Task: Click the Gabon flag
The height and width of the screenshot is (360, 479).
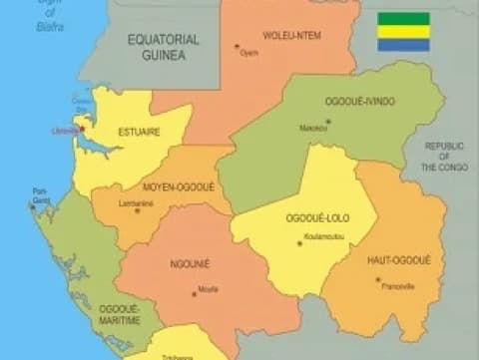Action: [x=403, y=32]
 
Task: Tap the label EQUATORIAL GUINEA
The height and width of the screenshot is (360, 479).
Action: [x=164, y=48]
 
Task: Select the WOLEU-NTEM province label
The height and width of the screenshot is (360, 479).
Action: [x=290, y=36]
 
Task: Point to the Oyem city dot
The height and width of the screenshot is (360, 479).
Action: [x=237, y=46]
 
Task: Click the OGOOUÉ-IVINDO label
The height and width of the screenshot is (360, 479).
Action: [x=359, y=102]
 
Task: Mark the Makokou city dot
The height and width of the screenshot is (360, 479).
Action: [x=327, y=122]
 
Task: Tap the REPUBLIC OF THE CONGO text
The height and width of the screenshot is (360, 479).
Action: [x=444, y=157]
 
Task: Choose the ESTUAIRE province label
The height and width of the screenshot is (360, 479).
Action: [x=141, y=131]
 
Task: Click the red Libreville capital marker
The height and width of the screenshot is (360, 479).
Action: [x=83, y=127]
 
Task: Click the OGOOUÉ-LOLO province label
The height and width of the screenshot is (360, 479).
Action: [x=313, y=218]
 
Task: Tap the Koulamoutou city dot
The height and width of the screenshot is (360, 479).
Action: [x=298, y=242]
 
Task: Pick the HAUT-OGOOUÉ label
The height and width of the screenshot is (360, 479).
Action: [x=398, y=260]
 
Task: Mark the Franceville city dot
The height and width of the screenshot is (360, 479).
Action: [x=378, y=279]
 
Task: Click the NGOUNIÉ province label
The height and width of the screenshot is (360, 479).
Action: [x=191, y=264]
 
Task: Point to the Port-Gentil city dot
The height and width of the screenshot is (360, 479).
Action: [x=33, y=206]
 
